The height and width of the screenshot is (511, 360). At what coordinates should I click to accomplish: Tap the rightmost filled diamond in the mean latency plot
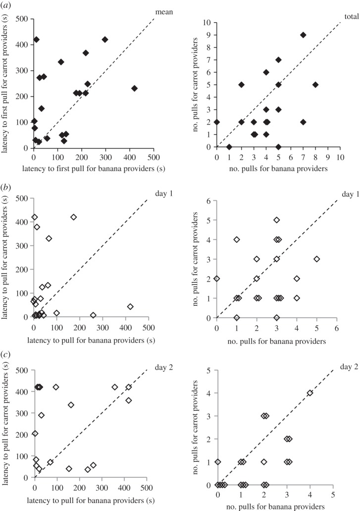click(134, 89)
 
